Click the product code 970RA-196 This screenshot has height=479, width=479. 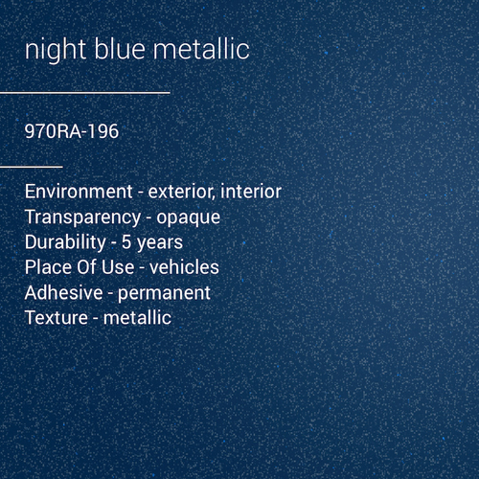coord(72,131)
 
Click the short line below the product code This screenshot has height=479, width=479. coord(31,166)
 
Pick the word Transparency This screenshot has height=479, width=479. coord(83,217)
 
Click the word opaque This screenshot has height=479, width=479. coord(189,217)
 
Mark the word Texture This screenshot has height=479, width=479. coord(57,316)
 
